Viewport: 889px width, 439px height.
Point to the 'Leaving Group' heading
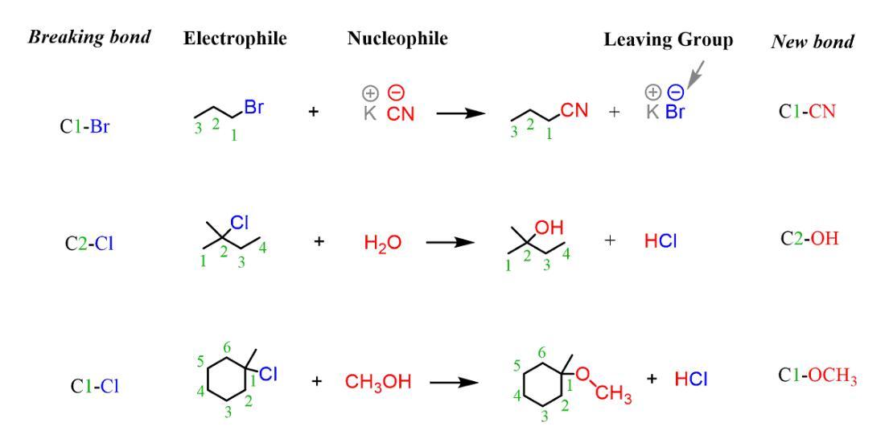[x=669, y=41]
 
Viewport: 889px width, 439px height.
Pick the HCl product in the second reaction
[x=665, y=242]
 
